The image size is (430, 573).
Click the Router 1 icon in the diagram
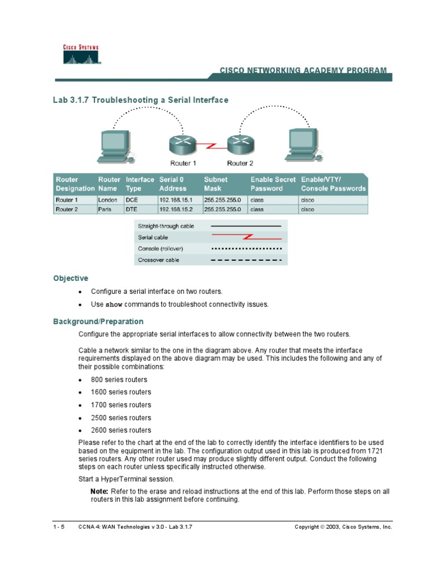183,145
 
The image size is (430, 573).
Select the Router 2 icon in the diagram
240,145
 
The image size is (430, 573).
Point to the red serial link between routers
212,147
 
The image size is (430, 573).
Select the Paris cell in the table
105,209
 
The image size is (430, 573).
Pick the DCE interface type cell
132,199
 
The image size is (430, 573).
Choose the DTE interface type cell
132,209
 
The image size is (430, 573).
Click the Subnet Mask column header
216,184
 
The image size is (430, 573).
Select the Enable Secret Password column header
273,184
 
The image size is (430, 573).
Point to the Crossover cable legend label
158,260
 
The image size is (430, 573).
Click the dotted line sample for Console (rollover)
246,248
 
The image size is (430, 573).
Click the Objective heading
71,278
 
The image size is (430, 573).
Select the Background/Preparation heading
98,322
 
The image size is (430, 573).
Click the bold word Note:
100,491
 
